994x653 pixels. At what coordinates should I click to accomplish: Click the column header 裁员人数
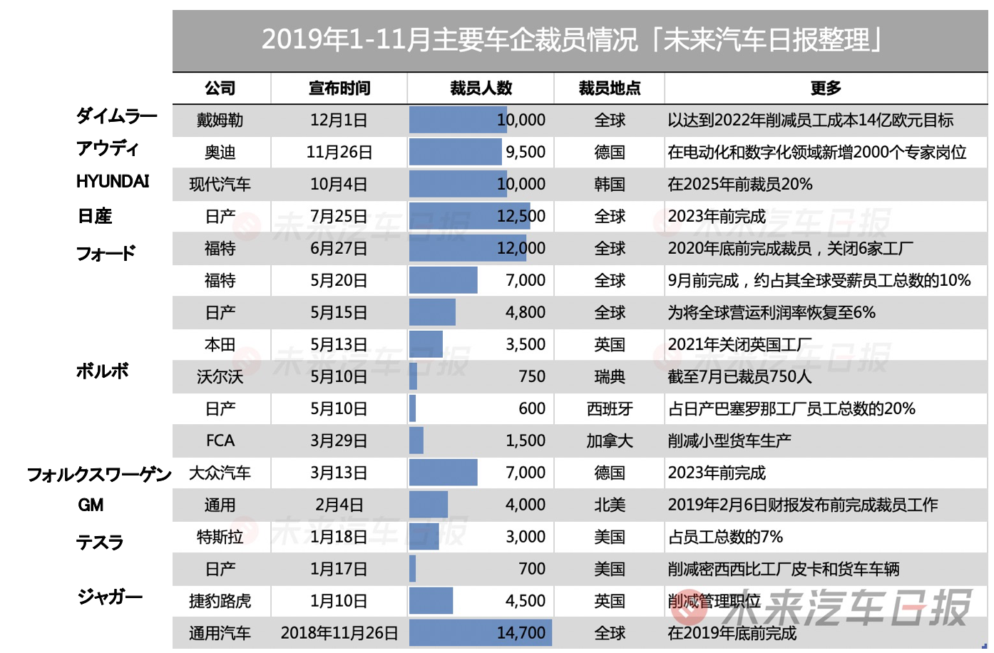(481, 88)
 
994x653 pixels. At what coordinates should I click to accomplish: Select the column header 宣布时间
(339, 88)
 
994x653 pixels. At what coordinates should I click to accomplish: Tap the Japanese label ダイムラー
(116, 115)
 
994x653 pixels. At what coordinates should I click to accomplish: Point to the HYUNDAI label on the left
(113, 182)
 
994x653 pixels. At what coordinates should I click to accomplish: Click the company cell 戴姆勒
(220, 120)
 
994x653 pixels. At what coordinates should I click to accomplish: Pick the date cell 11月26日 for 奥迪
(339, 153)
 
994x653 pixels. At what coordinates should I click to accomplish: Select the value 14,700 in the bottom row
(521, 633)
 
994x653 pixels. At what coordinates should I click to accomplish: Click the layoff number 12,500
(521, 217)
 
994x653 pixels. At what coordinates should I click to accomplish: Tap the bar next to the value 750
(414, 376)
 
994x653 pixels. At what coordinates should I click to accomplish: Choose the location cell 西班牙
(610, 409)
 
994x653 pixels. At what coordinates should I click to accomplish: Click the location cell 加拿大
(610, 441)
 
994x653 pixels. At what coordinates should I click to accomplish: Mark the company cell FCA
(220, 441)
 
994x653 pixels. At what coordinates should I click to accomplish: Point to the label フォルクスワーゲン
(99, 475)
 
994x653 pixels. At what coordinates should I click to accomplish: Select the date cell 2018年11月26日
(339, 633)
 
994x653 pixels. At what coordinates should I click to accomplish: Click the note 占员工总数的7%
(725, 538)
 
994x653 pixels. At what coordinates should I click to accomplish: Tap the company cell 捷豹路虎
(220, 602)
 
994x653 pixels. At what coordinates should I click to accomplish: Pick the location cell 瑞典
(610, 377)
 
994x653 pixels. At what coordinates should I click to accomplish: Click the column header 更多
(826, 88)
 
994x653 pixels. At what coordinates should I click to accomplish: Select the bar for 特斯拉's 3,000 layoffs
(424, 537)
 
